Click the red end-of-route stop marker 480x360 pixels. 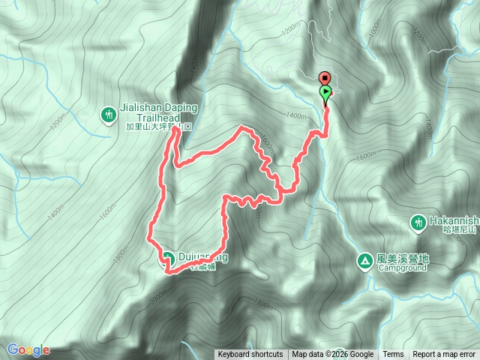coord(325,78)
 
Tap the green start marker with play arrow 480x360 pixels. coord(325,93)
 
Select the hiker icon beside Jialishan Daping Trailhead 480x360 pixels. coord(109,115)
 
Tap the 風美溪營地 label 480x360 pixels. coord(401,257)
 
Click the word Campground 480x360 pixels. coord(401,267)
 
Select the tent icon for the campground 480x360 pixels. coord(364,261)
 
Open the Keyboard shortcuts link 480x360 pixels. coord(250,355)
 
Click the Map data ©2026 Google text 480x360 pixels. coord(333,355)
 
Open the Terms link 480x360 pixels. coord(393,355)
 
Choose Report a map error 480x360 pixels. coord(445,355)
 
